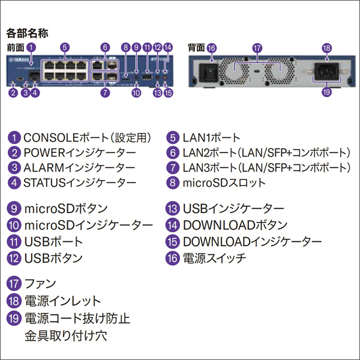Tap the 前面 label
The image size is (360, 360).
click(15, 47)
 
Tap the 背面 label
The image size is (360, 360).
click(196, 47)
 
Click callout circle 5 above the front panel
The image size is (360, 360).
click(65, 47)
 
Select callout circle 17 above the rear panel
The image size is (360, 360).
click(257, 47)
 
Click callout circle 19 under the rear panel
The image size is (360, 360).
click(327, 93)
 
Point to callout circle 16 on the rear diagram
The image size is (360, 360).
click(211, 47)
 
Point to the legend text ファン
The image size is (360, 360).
click(40, 283)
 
